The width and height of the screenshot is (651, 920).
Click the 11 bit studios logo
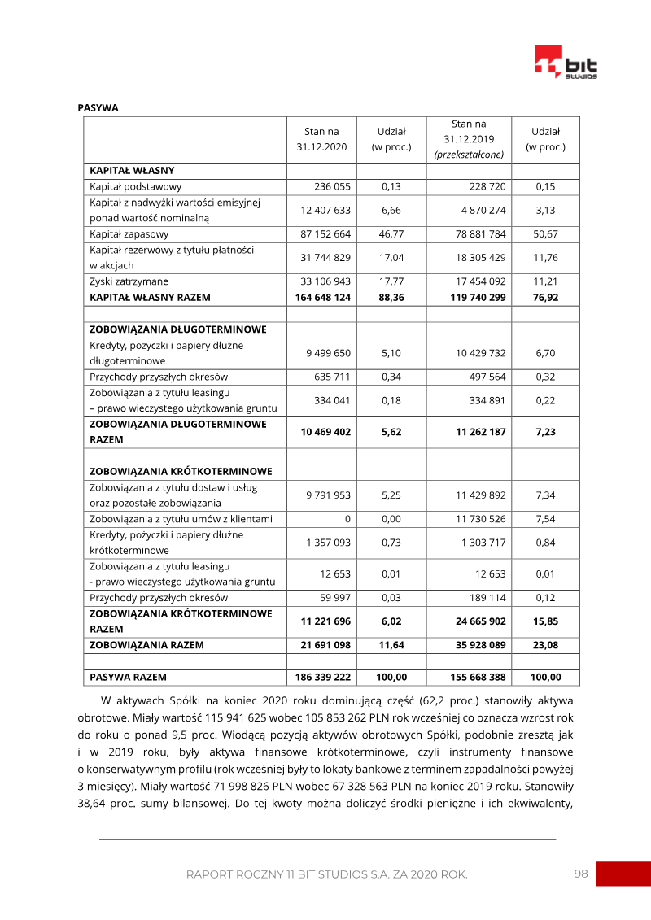coord(566,63)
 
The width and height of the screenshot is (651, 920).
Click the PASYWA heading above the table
coord(98,107)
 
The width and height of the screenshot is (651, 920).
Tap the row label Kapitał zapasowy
coord(129,234)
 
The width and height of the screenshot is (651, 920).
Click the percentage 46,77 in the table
coord(391,234)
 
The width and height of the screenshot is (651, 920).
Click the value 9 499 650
coord(329,353)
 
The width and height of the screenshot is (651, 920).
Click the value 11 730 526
coord(481,519)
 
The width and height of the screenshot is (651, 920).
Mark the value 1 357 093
coord(328,543)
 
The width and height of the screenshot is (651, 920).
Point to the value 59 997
coord(334,598)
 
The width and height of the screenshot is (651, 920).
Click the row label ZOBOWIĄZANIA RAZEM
coord(146,645)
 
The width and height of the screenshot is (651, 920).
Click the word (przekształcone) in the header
coord(469,154)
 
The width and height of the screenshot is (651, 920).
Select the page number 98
coord(581,874)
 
